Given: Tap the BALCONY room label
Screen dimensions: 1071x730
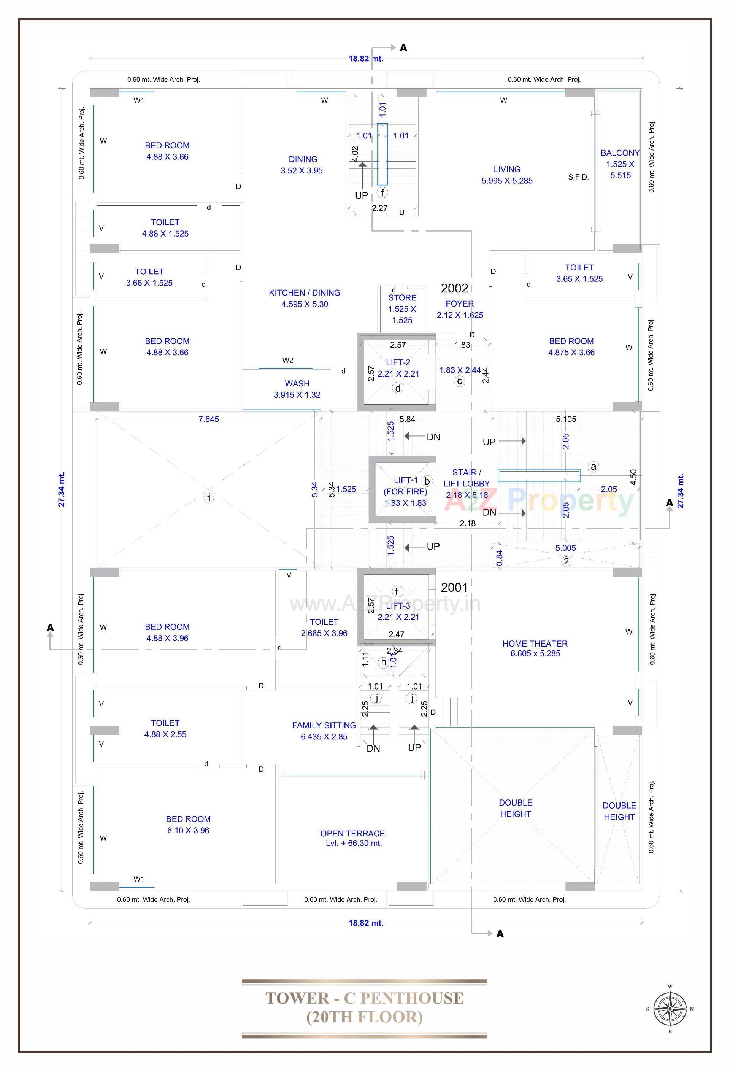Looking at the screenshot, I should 620,164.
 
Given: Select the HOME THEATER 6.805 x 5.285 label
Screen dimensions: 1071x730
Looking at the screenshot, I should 535,648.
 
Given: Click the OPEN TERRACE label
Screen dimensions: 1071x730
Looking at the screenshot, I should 352,838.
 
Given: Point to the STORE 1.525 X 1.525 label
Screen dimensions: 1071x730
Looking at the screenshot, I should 402,309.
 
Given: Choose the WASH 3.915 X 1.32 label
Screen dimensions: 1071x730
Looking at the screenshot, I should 297,389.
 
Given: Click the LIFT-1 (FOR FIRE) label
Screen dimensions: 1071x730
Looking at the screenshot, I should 405,491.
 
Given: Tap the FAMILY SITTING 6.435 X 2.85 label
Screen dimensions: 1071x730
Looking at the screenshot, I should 324,731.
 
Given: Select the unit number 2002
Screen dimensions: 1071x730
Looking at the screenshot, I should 454,289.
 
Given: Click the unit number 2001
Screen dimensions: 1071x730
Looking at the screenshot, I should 454,588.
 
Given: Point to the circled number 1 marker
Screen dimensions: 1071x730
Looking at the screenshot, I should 209,498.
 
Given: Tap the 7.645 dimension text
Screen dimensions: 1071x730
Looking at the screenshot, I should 209,419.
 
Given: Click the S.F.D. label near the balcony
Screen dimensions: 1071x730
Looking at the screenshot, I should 578,177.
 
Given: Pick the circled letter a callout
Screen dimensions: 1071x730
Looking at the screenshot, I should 594,466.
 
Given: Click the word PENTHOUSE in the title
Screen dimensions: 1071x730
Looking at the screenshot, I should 411,998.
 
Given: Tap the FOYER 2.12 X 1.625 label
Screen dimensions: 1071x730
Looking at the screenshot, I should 460,309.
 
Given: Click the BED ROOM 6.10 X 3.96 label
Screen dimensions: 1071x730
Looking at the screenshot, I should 188,825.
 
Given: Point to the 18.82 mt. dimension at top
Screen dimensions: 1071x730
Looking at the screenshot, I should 365,59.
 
